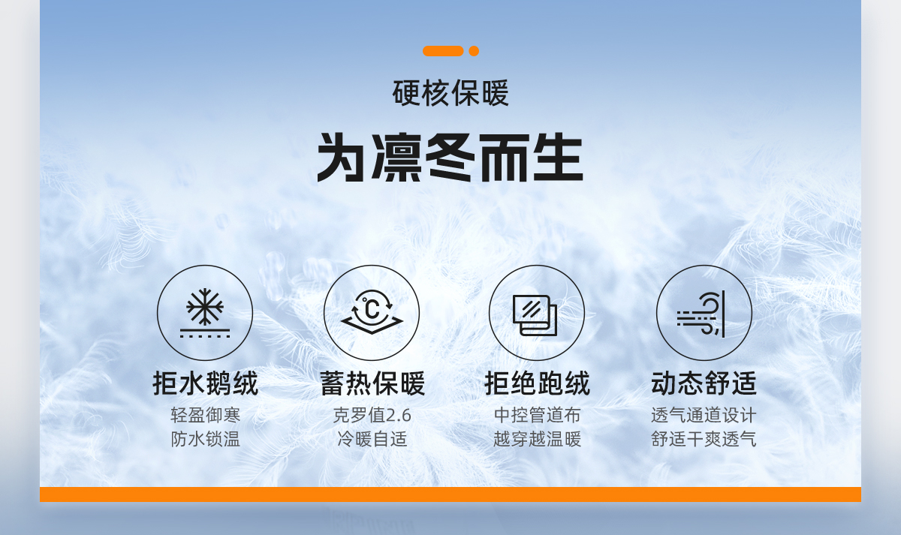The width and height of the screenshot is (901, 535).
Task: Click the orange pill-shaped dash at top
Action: (x=443, y=51)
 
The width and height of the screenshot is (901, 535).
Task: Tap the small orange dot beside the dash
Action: (x=474, y=51)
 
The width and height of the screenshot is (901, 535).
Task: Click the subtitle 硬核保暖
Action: (x=450, y=93)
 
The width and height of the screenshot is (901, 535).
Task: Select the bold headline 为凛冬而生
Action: (x=450, y=158)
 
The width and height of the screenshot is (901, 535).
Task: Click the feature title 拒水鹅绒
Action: (x=205, y=383)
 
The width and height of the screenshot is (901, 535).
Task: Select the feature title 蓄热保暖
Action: (x=372, y=383)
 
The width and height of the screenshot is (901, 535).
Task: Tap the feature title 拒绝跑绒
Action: (x=537, y=383)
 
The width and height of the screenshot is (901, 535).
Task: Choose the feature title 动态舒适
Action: (x=704, y=383)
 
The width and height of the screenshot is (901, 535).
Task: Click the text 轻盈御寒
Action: (x=205, y=415)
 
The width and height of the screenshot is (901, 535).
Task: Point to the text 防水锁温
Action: (x=205, y=439)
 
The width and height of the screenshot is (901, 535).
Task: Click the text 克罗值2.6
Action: (x=372, y=415)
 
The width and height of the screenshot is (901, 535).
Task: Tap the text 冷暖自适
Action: (x=372, y=439)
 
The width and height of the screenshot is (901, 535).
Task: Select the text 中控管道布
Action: (x=537, y=415)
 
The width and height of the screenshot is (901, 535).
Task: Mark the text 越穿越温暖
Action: (x=537, y=439)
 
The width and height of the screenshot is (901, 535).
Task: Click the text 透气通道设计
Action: (x=704, y=415)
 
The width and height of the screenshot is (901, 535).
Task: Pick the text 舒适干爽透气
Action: (x=704, y=439)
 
